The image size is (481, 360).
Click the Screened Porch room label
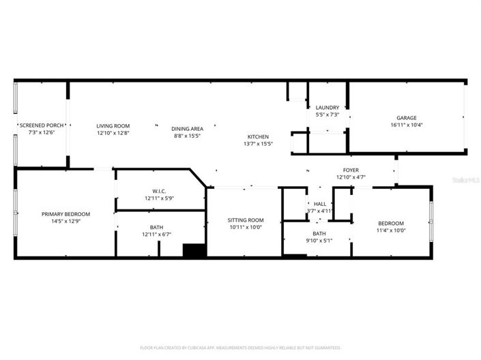coord(42,125)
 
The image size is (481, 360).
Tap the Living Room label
coord(113,125)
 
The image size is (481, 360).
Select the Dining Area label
coord(187,128)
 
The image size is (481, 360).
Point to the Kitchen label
coord(258,137)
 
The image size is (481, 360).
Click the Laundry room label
coord(327,108)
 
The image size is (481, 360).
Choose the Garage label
coord(407,118)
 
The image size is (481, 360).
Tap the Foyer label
coord(351,170)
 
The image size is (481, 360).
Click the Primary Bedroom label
coord(65,214)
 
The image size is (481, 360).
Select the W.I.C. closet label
coord(159,191)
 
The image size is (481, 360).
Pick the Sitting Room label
coord(245,220)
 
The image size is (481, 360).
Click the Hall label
coord(319,204)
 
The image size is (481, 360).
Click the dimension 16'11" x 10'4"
coord(407,125)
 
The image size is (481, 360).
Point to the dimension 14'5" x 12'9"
coord(65,222)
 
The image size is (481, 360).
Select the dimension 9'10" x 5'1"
coord(319,241)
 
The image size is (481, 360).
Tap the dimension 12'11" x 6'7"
coord(157,235)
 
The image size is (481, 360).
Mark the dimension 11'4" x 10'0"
coord(391,230)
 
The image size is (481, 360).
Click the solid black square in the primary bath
coord(194,250)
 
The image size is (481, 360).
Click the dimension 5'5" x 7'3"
coord(327,115)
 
